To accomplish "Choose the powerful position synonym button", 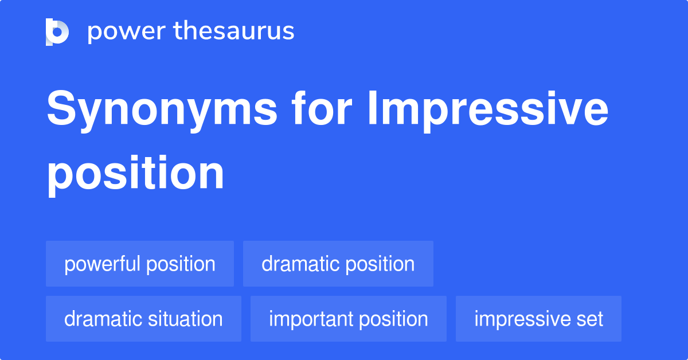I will (x=140, y=264).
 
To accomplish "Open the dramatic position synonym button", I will (x=338, y=264).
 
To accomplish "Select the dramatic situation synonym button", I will (x=143, y=319).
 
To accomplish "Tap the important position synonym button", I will (x=348, y=319).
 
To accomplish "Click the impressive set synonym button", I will (x=538, y=319).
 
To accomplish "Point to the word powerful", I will (x=102, y=264).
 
